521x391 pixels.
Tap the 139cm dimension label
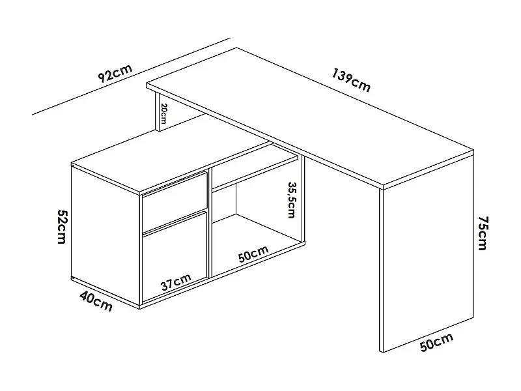tap(351, 80)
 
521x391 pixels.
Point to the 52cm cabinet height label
tap(63, 226)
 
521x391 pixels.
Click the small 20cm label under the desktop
tap(163, 114)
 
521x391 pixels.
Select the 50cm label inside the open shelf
tap(253, 254)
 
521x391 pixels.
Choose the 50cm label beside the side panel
tap(436, 343)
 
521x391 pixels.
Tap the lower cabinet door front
tap(174, 257)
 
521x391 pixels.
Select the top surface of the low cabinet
tap(163, 160)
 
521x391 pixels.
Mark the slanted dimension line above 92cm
tap(130, 78)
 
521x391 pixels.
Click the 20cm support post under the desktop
tap(156, 114)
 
